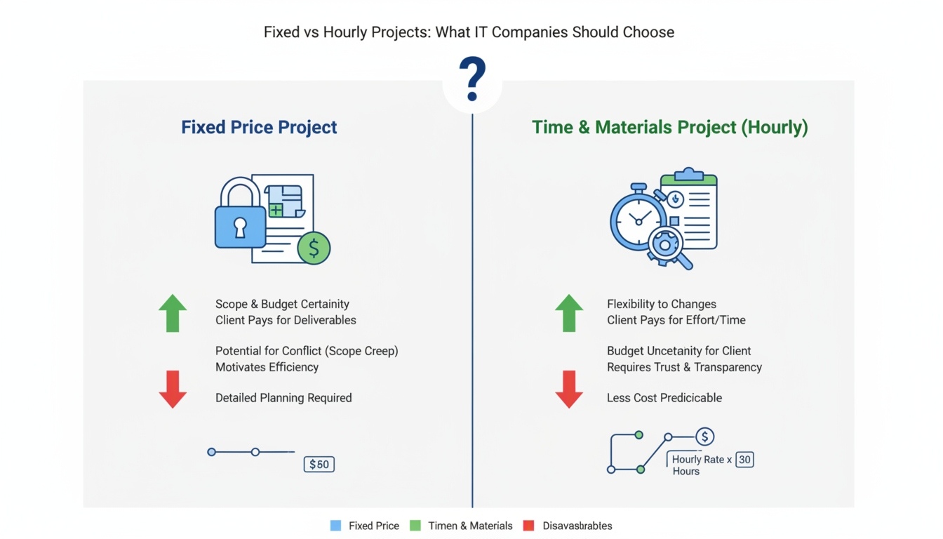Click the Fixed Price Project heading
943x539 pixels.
click(x=259, y=127)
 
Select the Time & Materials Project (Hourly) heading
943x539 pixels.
click(x=670, y=127)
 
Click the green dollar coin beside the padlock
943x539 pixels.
click(x=314, y=248)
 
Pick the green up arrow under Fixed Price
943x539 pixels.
click(x=173, y=313)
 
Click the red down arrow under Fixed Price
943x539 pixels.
click(x=173, y=389)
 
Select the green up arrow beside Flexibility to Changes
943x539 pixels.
click(x=569, y=313)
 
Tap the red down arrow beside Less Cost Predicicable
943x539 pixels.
click(x=569, y=389)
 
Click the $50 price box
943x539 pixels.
click(x=319, y=464)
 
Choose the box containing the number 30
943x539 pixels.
click(x=744, y=460)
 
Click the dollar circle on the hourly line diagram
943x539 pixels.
click(x=704, y=437)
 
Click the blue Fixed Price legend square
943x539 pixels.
click(x=335, y=526)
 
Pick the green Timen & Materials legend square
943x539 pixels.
click(x=415, y=526)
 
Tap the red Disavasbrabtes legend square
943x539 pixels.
click(x=528, y=526)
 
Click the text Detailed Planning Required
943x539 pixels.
click(x=283, y=398)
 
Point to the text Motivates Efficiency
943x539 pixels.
click(x=267, y=367)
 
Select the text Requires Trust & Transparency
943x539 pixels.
click(x=685, y=367)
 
